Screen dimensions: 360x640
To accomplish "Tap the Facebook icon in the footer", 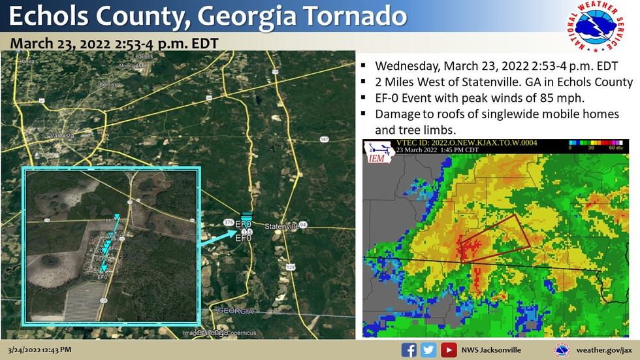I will (x=409, y=350).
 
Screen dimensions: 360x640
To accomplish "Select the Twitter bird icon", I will (x=428, y=350).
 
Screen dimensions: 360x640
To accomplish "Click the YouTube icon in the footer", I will (x=448, y=350).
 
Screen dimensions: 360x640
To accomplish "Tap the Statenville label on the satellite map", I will (x=282, y=226).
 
